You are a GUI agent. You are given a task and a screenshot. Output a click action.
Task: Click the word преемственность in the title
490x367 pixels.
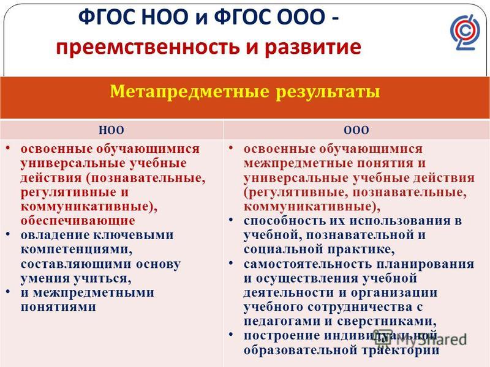pyautogui.click(x=148, y=48)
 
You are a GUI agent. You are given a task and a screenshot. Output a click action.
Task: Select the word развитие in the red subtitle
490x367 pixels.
pyautogui.click(x=313, y=48)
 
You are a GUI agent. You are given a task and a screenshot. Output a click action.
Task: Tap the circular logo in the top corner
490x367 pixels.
pyautogui.click(x=464, y=32)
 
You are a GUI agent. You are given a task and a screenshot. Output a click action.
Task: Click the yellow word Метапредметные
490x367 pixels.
pyautogui.click(x=189, y=92)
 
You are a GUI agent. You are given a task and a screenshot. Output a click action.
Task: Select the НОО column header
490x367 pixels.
pyautogui.click(x=111, y=130)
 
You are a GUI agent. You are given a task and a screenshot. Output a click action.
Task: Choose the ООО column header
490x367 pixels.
pyautogui.click(x=356, y=130)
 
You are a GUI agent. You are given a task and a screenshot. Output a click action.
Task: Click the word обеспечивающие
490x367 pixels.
pyautogui.click(x=78, y=221)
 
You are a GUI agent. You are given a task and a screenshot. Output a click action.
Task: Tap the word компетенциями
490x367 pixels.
pyautogui.click(x=76, y=250)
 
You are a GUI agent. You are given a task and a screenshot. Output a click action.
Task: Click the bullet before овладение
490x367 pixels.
pyautogui.click(x=8, y=234)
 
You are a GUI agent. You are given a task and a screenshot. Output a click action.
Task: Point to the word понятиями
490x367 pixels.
pyautogui.click(x=58, y=307)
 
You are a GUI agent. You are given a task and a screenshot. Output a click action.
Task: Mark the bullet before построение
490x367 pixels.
pyautogui.click(x=231, y=334)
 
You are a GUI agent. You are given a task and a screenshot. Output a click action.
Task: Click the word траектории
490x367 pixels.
pyautogui.click(x=401, y=350)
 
